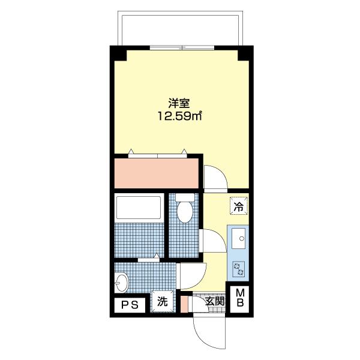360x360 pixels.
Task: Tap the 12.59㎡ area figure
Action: (179, 116)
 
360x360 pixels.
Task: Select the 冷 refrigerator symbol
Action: (239, 207)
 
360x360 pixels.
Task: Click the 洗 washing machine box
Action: (163, 302)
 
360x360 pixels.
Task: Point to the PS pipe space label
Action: (130, 305)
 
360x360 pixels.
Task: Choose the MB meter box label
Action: (239, 298)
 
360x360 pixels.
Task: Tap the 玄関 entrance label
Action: (214, 302)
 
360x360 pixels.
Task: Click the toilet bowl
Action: (185, 211)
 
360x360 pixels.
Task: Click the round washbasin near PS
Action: (122, 281)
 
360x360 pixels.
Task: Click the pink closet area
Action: (156, 173)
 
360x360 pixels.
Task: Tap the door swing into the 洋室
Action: (214, 178)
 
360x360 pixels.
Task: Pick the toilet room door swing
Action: (210, 241)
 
